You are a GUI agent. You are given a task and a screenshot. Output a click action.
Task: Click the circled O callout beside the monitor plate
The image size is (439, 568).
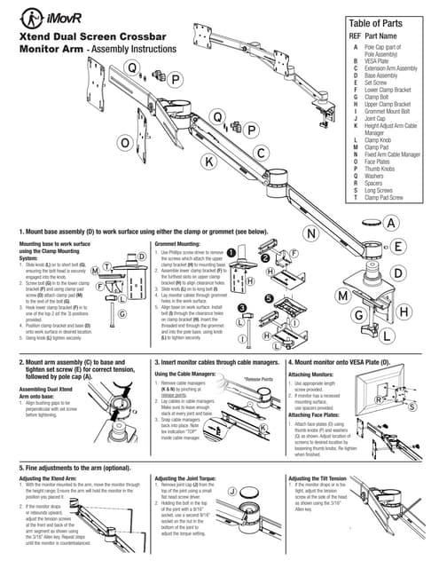(125, 142)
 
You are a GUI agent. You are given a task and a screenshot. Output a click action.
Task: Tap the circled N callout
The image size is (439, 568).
(312, 233)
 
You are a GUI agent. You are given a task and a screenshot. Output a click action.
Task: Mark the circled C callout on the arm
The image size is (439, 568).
(262, 153)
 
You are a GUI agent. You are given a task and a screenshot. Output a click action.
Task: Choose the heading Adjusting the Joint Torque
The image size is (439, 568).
(190, 477)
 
